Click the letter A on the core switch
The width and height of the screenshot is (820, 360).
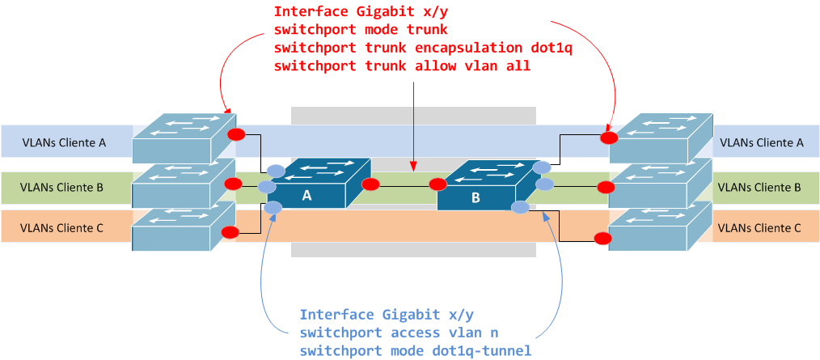point(306,195)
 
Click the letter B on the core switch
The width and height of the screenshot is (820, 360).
point(475,197)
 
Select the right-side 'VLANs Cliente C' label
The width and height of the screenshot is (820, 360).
point(759,228)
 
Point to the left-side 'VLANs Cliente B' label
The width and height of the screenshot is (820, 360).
point(62,188)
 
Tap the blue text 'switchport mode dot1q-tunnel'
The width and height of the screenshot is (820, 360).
point(415,349)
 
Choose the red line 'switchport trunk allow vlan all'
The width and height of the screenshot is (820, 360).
point(402,66)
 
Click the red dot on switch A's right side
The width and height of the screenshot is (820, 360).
point(370,184)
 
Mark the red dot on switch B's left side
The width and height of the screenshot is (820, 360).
point(438,184)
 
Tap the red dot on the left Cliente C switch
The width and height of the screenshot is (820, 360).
point(230,233)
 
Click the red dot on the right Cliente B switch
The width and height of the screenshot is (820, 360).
point(603,188)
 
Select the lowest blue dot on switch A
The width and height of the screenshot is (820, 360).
point(274,207)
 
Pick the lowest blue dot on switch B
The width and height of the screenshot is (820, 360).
point(521,208)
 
